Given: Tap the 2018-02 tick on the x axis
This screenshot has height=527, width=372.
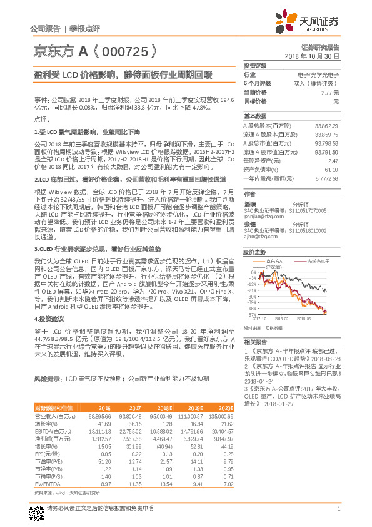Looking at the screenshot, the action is click(x=280, y=318).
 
